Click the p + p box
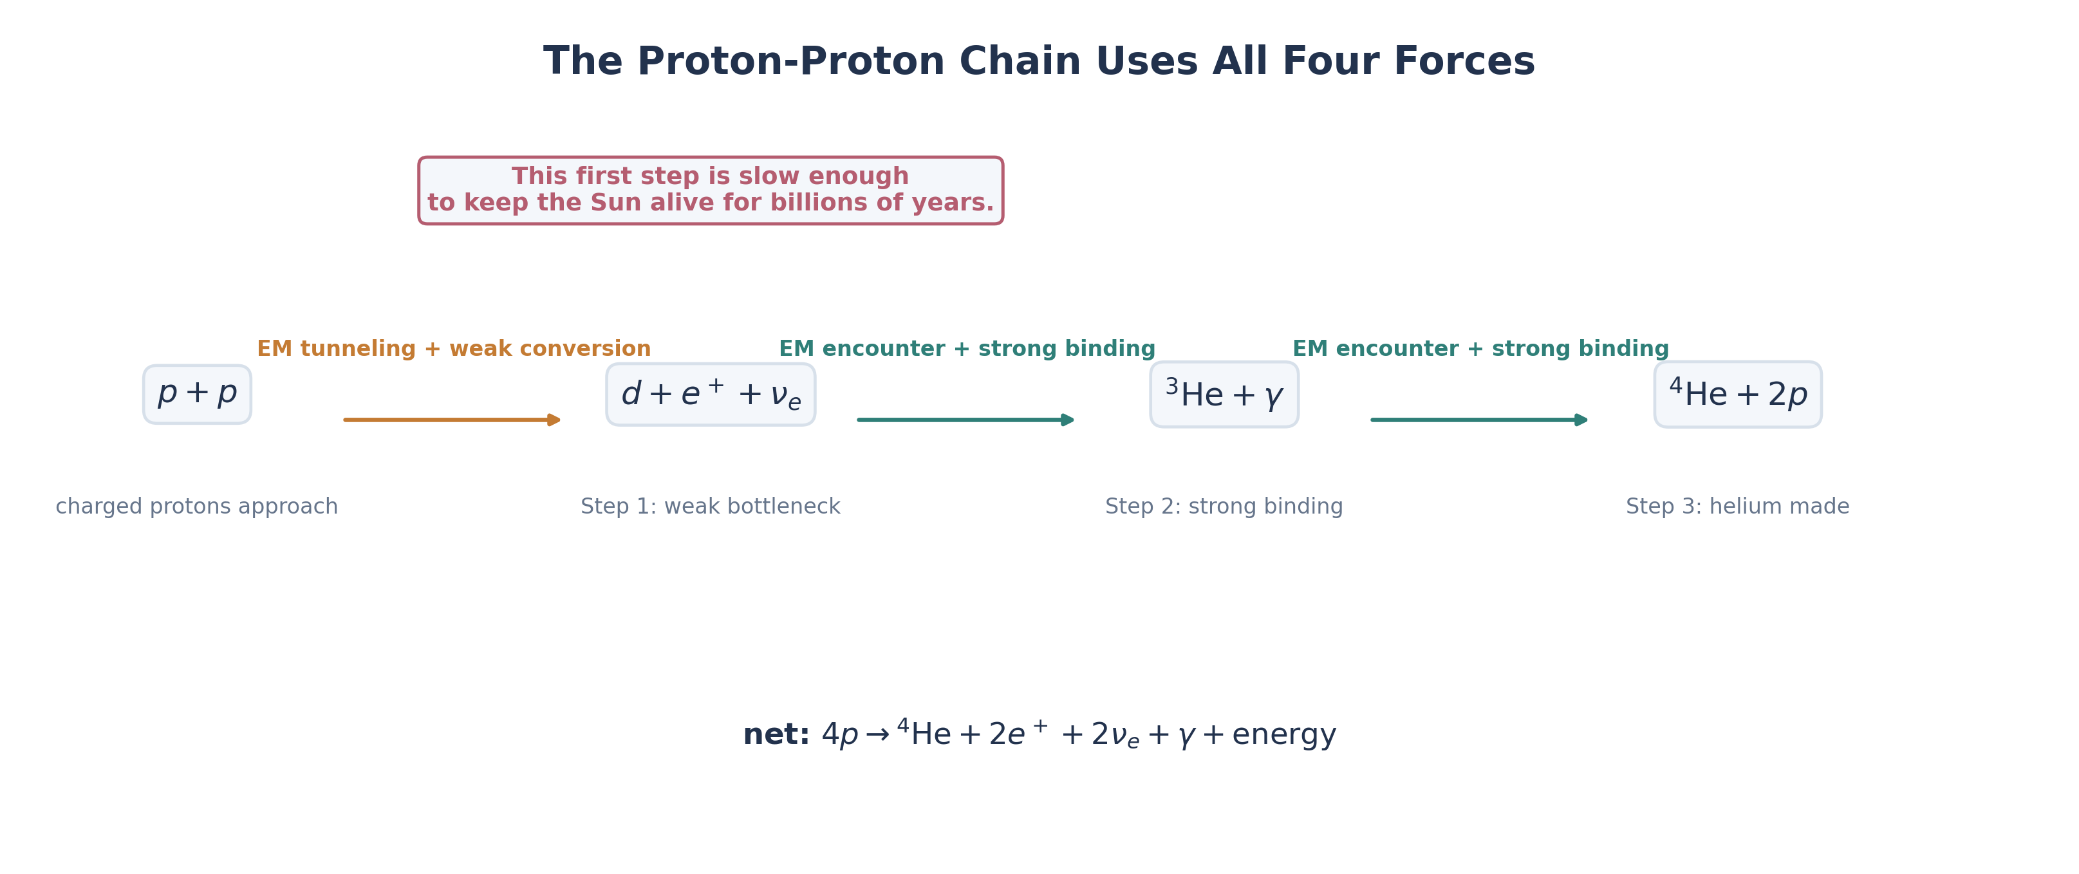[x=197, y=394]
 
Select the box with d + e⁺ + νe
[x=710, y=394]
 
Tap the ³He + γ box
[x=1224, y=394]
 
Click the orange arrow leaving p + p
[x=452, y=420]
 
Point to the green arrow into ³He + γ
[x=965, y=420]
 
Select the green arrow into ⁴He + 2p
[x=1478, y=420]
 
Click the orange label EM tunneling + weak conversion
[x=454, y=349]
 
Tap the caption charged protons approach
[x=196, y=506]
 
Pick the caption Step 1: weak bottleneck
[x=710, y=506]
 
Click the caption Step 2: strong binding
[x=1224, y=506]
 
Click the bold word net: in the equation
[x=776, y=734]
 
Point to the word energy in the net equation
[x=1283, y=734]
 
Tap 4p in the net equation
[x=839, y=734]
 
